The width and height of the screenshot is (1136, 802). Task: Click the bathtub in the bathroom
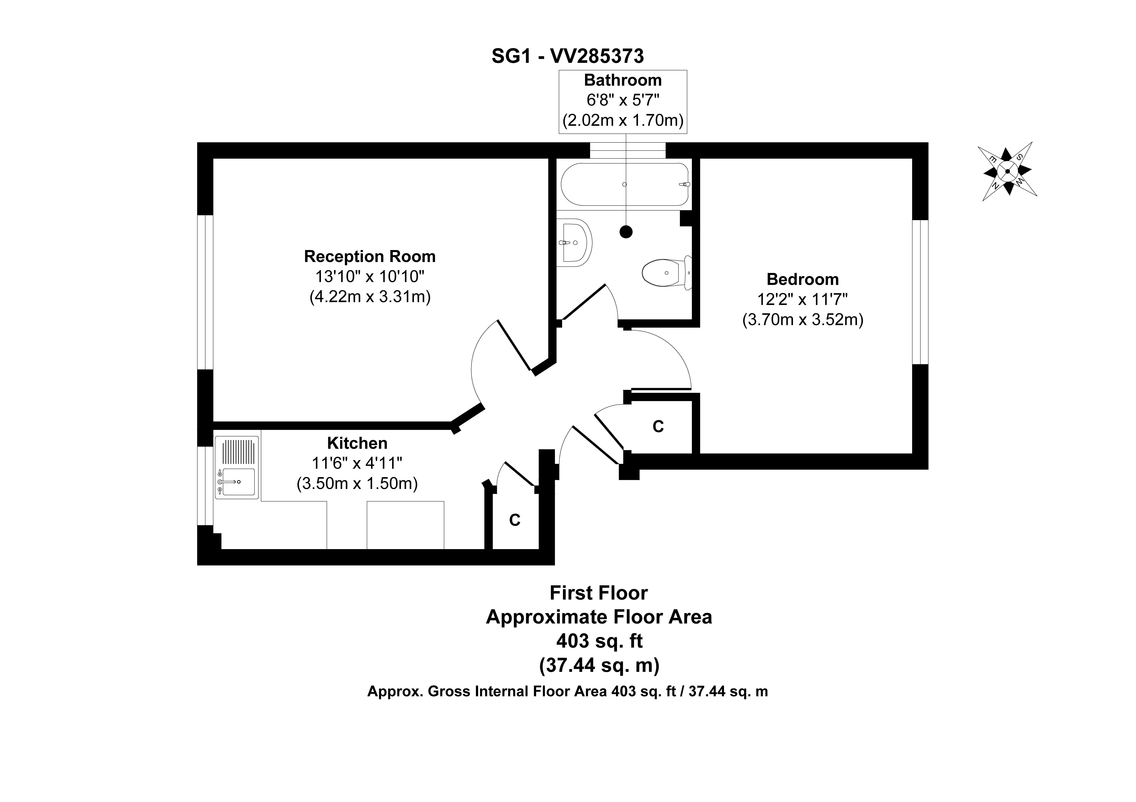[x=624, y=184]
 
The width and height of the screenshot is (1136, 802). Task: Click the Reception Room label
[x=370, y=256]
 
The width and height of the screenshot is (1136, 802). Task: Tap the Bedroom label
[x=803, y=279]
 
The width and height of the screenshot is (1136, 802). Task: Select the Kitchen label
[x=357, y=443]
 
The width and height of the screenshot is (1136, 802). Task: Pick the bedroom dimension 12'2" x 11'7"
[x=803, y=300]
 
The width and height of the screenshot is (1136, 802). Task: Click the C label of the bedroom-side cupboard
[x=658, y=426]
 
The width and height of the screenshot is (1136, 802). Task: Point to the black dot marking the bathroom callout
[x=626, y=231]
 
